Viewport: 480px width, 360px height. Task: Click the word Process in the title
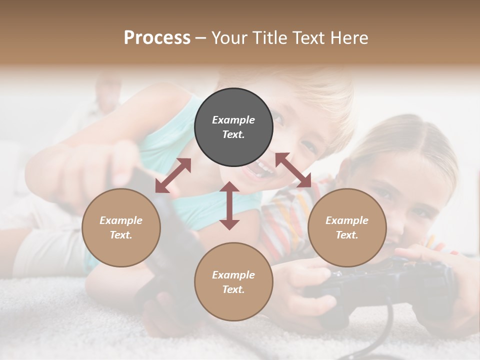[157, 38]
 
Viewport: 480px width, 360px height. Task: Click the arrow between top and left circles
[173, 175]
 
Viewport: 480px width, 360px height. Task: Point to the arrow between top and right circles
[293, 170]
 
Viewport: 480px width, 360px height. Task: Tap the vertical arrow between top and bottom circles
[229, 205]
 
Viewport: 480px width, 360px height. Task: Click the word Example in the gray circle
[233, 120]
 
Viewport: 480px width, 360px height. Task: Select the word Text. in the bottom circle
[233, 289]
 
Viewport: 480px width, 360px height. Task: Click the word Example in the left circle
[121, 220]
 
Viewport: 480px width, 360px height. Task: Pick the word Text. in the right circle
[347, 235]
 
